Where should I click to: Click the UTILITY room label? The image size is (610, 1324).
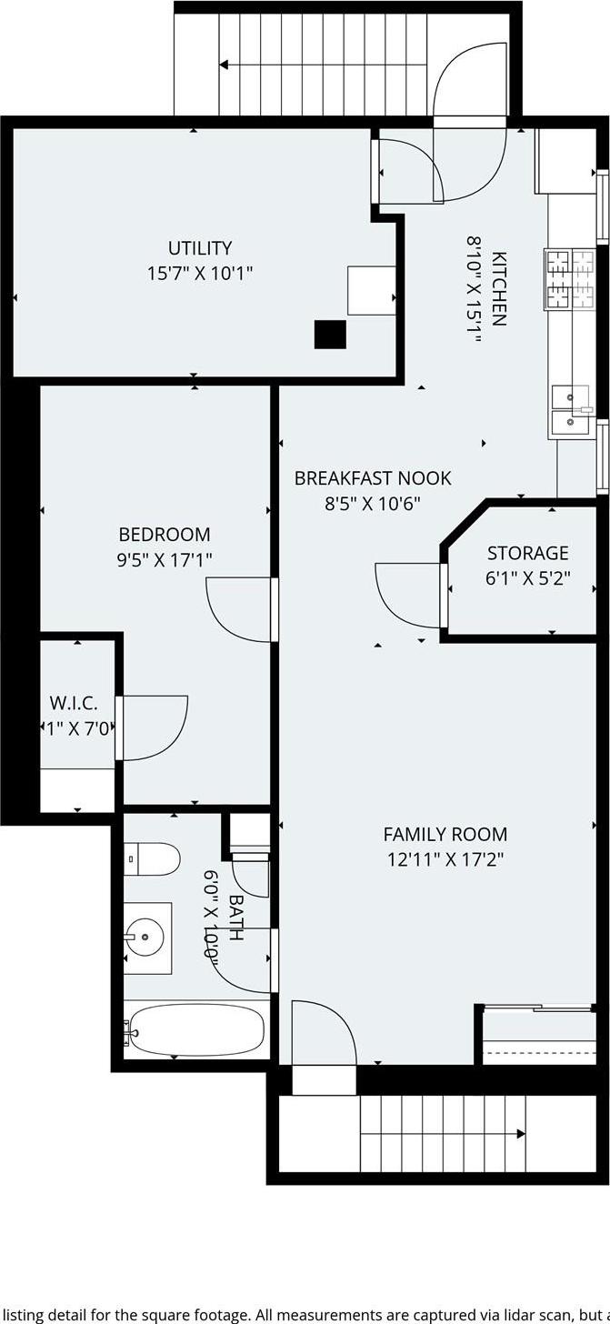coord(199,247)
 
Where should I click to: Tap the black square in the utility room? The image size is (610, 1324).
coord(330,335)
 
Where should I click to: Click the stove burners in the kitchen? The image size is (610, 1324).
coord(569,277)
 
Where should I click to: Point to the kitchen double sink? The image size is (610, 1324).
coord(571,408)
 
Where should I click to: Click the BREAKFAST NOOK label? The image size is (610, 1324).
coord(372,478)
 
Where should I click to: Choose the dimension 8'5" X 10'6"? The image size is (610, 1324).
coord(372,503)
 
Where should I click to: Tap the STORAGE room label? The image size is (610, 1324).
coord(527,553)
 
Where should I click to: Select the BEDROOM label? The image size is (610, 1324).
coord(164,535)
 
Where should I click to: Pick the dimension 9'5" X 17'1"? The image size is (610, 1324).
coord(164,559)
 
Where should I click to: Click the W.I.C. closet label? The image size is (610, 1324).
coord(73,703)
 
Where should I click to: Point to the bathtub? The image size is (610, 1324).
coord(195,1029)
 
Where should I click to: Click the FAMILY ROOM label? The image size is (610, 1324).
coord(445,834)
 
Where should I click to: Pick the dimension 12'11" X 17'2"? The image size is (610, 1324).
coord(445,858)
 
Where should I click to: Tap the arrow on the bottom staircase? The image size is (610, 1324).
coord(519,1134)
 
